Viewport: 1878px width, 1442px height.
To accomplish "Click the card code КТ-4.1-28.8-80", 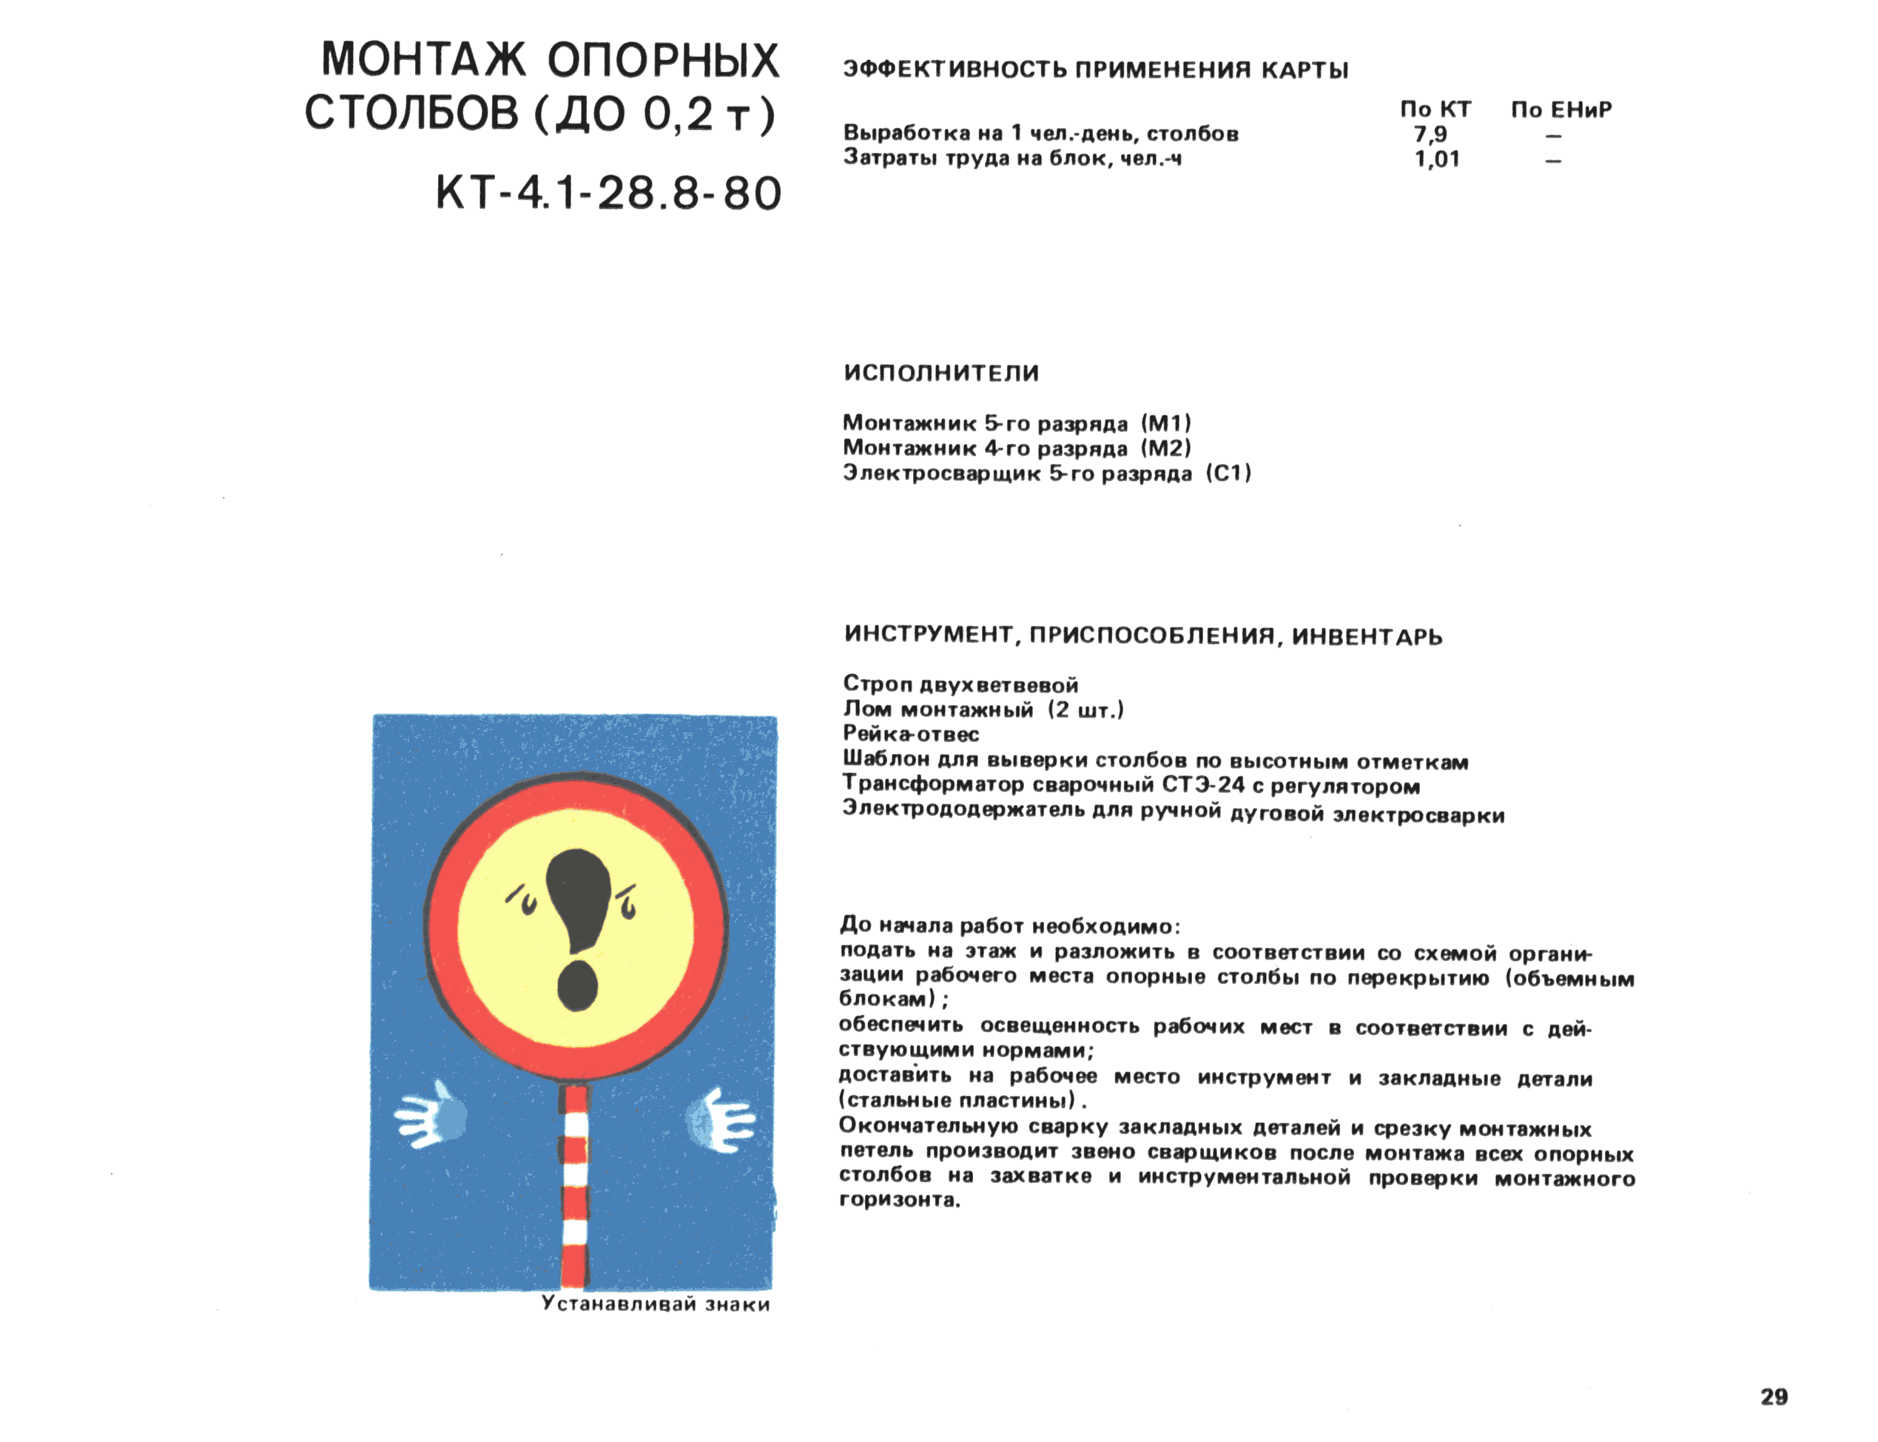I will [608, 193].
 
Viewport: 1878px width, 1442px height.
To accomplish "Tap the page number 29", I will [1773, 1397].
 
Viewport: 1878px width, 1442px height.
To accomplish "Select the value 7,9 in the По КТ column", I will [1430, 134].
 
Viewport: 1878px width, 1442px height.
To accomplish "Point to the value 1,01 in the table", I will [1436, 159].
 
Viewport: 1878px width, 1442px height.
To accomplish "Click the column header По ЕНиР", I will [1561, 110].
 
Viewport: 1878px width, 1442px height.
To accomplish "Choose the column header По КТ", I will [1435, 110].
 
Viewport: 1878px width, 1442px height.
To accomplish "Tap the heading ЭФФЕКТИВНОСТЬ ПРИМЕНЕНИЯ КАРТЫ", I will [1095, 70].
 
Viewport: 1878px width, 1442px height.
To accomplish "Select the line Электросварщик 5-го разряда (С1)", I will [1046, 473].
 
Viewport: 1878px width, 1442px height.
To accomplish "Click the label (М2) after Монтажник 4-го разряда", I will [1165, 448].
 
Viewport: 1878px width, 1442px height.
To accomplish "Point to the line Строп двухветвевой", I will [960, 684].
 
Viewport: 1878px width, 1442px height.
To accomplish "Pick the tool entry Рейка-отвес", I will [910, 734].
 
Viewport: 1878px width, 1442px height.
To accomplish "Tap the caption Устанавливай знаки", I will [655, 1304].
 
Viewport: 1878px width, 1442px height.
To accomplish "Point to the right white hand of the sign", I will [721, 1120].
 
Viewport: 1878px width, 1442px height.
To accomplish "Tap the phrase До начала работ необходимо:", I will [1009, 926].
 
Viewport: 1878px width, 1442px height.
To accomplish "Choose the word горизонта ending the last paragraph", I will [898, 1200].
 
